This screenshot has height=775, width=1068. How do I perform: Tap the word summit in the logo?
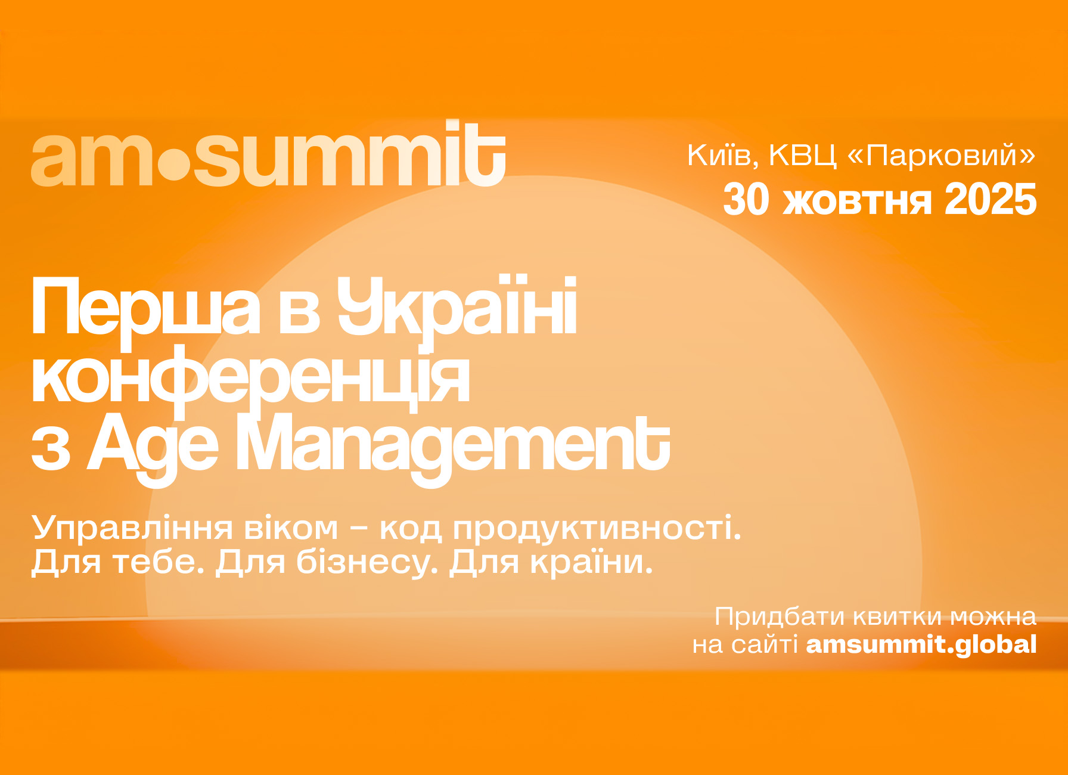pyautogui.click(x=350, y=154)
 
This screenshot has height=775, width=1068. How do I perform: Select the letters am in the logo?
pyautogui.click(x=94, y=160)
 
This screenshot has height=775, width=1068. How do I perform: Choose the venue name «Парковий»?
pyautogui.click(x=941, y=156)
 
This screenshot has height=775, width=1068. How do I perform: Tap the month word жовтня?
pyautogui.click(x=857, y=201)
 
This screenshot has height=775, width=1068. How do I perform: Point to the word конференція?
pyautogui.click(x=250, y=380)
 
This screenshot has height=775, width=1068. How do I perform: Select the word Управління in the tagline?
pyautogui.click(x=132, y=529)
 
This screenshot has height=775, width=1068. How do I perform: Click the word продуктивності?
pyautogui.click(x=597, y=529)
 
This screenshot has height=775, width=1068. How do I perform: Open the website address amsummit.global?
pyautogui.click(x=921, y=645)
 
